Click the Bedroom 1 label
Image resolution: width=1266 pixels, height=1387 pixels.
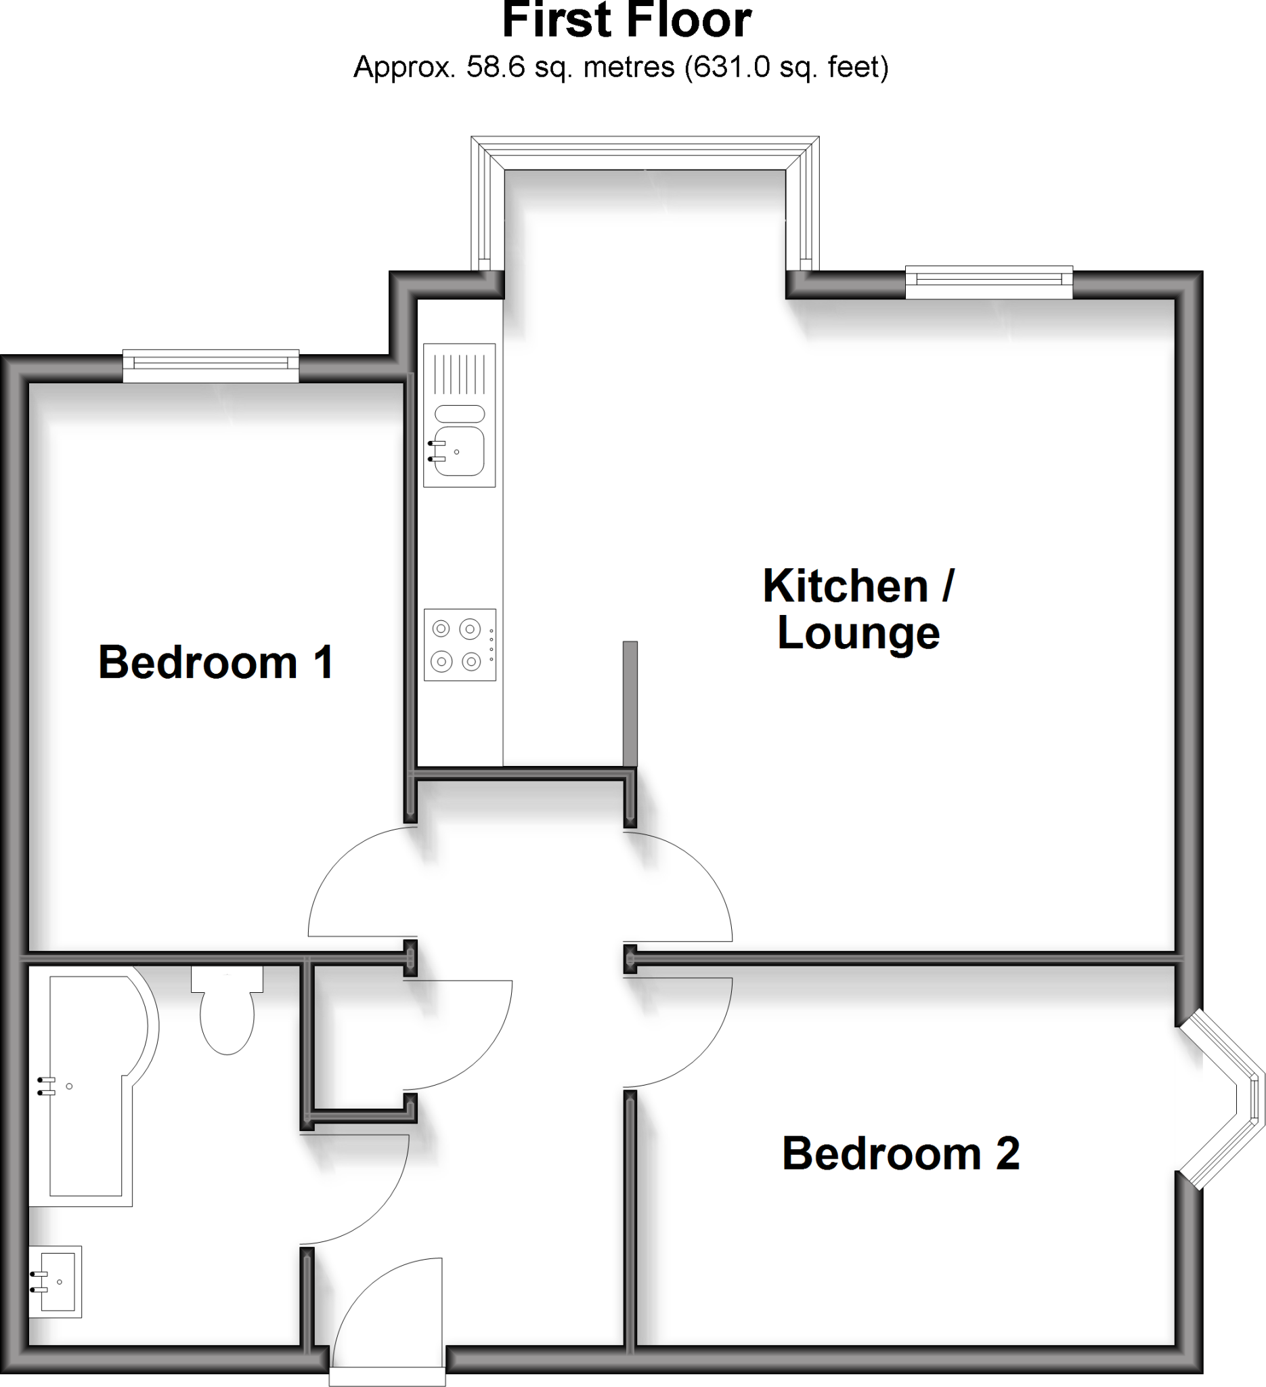(x=216, y=662)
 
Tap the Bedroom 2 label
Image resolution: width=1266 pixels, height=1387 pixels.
(x=900, y=1153)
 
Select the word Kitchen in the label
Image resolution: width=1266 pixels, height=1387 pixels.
(x=845, y=586)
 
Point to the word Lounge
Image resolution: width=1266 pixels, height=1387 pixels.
(x=858, y=633)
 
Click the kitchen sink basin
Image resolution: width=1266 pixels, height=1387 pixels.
(x=460, y=451)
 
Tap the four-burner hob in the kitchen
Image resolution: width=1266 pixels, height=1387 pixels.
(x=460, y=645)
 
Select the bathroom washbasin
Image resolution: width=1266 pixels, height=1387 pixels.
(x=56, y=1282)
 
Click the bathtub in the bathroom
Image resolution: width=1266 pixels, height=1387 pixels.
(x=89, y=1087)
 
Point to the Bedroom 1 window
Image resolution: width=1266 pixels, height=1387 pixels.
(x=211, y=366)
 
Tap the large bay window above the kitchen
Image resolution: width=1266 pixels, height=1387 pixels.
(x=645, y=154)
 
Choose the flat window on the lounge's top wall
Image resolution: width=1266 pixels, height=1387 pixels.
(x=989, y=282)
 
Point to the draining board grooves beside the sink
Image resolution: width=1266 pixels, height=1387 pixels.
(x=460, y=375)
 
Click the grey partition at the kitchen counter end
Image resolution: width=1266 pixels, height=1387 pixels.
(x=630, y=703)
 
